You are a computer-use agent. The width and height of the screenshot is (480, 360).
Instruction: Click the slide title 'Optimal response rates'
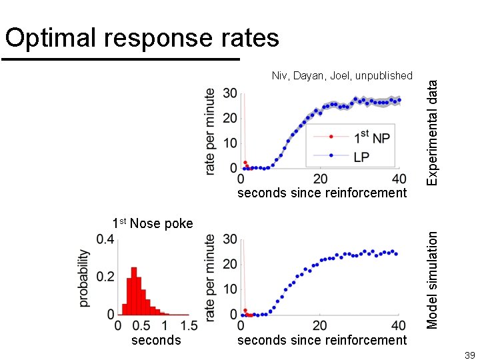click(142, 38)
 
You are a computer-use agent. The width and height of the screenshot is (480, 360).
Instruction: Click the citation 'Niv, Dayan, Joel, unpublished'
click(342, 76)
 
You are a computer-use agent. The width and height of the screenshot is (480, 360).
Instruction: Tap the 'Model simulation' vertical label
click(433, 279)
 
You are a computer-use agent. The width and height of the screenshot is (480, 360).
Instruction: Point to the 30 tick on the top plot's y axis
click(229, 93)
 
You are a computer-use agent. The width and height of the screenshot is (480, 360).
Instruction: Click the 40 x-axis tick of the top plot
click(399, 179)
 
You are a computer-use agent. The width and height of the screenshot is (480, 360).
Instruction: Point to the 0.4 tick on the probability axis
click(105, 239)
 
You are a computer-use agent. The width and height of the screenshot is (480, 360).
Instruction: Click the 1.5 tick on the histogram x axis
click(189, 326)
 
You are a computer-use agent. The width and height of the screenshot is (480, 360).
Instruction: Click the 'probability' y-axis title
click(85, 278)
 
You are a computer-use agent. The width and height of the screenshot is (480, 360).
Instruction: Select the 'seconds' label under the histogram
click(156, 340)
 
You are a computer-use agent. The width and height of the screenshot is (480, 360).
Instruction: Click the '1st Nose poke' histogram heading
click(153, 223)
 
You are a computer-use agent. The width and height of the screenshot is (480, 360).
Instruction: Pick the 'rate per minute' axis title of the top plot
click(211, 132)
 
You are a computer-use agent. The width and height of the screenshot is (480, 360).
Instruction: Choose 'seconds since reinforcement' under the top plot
click(322, 193)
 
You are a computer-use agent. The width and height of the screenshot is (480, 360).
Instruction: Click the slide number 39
click(469, 354)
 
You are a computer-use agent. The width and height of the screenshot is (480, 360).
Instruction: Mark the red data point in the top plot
click(245, 163)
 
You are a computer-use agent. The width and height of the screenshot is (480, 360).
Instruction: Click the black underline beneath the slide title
click(121, 59)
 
